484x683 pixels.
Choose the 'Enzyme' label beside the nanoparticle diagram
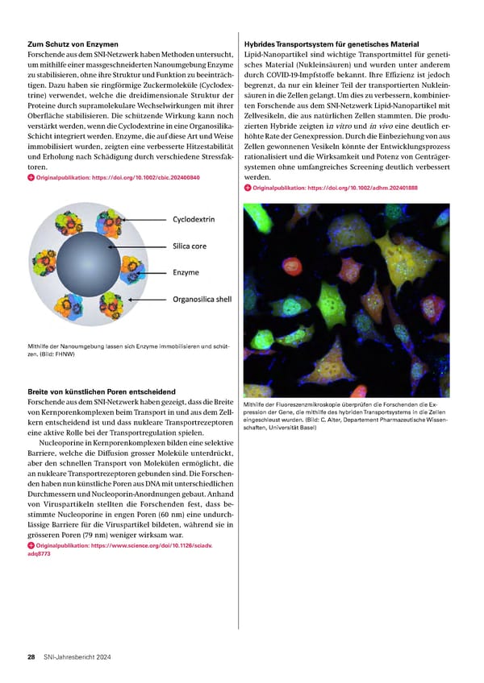(x=186, y=272)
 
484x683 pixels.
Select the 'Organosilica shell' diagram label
(x=202, y=300)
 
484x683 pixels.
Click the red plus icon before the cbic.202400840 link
(x=31, y=177)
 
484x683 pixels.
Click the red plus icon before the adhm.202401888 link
(x=247, y=188)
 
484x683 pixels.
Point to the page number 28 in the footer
(x=31, y=657)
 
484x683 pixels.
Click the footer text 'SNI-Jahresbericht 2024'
(x=77, y=657)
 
